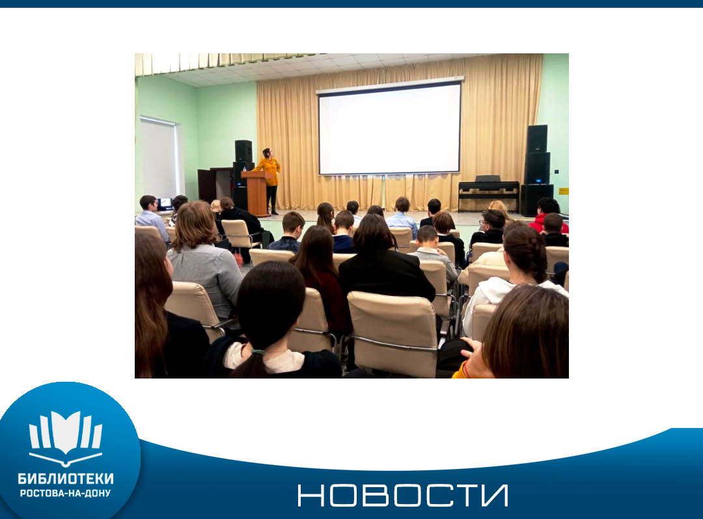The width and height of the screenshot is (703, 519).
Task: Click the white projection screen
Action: click(390, 129)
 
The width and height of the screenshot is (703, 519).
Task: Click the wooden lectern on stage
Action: click(257, 193)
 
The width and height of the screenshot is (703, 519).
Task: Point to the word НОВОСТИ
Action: click(403, 495)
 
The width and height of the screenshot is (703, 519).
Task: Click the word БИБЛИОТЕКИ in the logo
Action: click(66, 479)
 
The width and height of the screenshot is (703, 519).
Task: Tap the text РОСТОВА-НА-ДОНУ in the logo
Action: click(66, 493)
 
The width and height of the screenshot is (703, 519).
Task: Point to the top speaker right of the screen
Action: click(536, 139)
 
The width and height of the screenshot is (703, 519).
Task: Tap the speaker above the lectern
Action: click(243, 150)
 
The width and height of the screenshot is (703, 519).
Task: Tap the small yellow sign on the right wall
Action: click(564, 191)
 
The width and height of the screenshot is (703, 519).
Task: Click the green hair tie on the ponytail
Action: click(258, 351)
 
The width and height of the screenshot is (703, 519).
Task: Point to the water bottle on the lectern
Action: click(244, 169)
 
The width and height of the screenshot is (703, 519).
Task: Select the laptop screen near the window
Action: click(165, 203)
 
